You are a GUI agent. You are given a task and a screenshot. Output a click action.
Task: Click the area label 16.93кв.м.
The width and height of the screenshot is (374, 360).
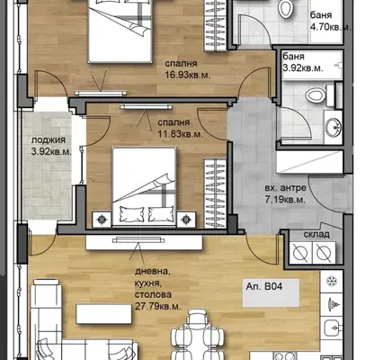point(188,75)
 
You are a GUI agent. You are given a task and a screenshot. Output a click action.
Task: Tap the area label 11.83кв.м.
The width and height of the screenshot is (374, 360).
point(181,134)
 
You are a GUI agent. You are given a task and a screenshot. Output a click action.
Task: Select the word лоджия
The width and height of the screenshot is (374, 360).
point(49,140)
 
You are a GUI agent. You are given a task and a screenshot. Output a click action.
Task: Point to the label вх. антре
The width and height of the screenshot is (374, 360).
point(286,188)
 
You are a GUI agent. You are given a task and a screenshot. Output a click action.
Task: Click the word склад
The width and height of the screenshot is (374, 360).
point(316,234)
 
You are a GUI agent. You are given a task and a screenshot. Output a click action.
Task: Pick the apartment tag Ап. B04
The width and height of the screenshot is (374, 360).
point(264,286)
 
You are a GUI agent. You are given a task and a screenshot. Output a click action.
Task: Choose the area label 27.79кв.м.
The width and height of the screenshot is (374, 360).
point(158,307)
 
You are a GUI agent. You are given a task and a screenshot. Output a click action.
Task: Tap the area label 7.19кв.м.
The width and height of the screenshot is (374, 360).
point(285,200)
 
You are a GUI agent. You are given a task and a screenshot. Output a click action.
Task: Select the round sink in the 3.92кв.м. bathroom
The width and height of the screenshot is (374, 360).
point(333,127)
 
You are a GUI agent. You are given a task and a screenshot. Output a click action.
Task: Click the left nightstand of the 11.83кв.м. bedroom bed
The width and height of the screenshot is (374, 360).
point(102,220)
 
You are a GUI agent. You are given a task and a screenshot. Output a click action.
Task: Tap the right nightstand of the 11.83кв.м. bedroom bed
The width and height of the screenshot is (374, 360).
point(186,220)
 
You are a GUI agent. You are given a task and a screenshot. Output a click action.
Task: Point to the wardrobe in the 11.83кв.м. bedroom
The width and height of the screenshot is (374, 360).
point(215,193)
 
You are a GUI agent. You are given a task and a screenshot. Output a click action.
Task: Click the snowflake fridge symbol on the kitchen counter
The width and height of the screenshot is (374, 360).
point(332,281)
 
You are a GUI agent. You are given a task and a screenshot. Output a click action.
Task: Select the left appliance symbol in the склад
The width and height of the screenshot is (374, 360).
point(300,253)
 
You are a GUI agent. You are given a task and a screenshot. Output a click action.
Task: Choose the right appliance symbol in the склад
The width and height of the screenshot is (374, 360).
point(324,253)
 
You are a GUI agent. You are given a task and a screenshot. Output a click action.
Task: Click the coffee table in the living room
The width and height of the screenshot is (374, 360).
point(103,314)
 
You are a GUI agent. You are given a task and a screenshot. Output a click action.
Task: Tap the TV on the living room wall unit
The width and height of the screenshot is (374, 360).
point(138,239)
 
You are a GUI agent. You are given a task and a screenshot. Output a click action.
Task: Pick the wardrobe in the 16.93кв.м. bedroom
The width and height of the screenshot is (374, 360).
point(216,25)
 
